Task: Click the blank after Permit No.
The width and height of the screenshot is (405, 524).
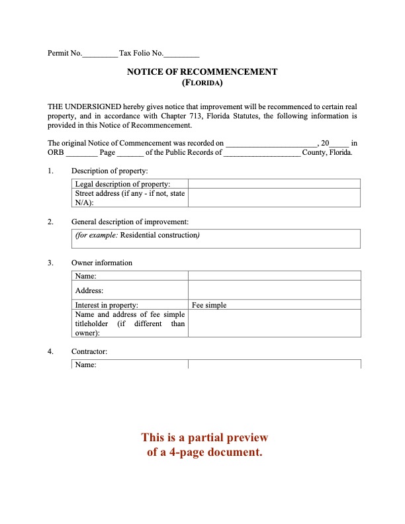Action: [x=99, y=54]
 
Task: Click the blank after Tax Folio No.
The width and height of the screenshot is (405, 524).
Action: [x=181, y=54]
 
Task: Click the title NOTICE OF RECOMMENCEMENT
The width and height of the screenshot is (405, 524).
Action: [x=202, y=72]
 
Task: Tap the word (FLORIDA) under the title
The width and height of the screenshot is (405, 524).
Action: [x=202, y=83]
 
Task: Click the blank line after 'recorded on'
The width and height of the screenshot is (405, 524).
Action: [x=271, y=143]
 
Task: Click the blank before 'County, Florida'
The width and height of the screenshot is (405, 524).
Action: [x=262, y=153]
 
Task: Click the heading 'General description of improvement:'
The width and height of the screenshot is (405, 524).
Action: [x=130, y=222]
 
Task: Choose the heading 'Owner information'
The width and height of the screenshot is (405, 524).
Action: [x=102, y=263]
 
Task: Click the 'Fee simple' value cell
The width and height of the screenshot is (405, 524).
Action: [x=274, y=305]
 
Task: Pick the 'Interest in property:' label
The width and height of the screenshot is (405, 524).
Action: [x=107, y=305]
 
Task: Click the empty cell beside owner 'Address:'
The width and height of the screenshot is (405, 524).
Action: [x=274, y=290]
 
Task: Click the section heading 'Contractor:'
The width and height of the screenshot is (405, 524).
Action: [x=89, y=351]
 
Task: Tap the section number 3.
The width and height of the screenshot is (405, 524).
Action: [x=50, y=263]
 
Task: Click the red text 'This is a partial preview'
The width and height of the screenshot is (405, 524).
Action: [x=204, y=437]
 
